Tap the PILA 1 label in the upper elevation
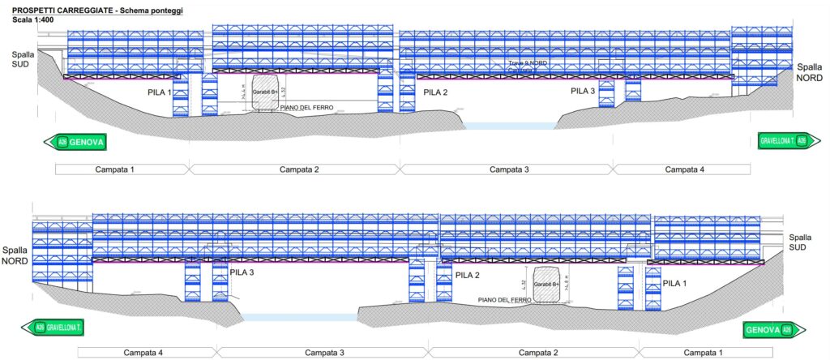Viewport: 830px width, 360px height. click(x=159, y=92)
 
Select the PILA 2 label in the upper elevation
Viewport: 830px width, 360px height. click(x=435, y=92)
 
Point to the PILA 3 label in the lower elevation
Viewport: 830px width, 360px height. click(x=242, y=272)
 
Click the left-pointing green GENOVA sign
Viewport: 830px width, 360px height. click(x=75, y=142)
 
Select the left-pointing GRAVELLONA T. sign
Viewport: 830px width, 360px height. click(x=54, y=328)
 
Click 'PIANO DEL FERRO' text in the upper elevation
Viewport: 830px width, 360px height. click(x=307, y=107)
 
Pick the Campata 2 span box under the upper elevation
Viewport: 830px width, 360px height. click(x=296, y=169)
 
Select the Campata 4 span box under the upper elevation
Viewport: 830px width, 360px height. click(x=681, y=169)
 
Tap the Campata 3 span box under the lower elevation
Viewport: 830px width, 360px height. click(x=323, y=353)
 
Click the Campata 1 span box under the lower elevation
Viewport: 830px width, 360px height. click(x=700, y=353)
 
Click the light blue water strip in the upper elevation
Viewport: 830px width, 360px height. click(x=509, y=126)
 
